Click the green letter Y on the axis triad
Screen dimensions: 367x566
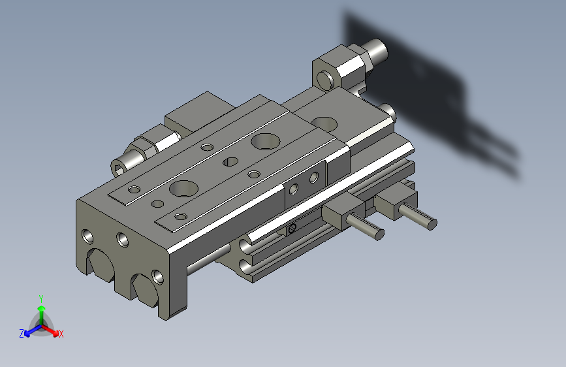(41, 298)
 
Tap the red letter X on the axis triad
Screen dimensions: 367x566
(61, 334)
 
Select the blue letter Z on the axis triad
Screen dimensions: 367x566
(22, 333)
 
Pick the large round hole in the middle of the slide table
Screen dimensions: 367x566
(264, 140)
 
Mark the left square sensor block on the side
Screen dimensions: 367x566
(338, 212)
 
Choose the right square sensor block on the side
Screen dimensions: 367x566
(395, 202)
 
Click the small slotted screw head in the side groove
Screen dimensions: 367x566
(292, 228)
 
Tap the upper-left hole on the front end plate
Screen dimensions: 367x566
(87, 234)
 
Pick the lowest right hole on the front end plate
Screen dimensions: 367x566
(156, 275)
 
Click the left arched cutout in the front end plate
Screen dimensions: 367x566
(101, 263)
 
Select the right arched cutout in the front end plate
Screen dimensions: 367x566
(146, 290)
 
